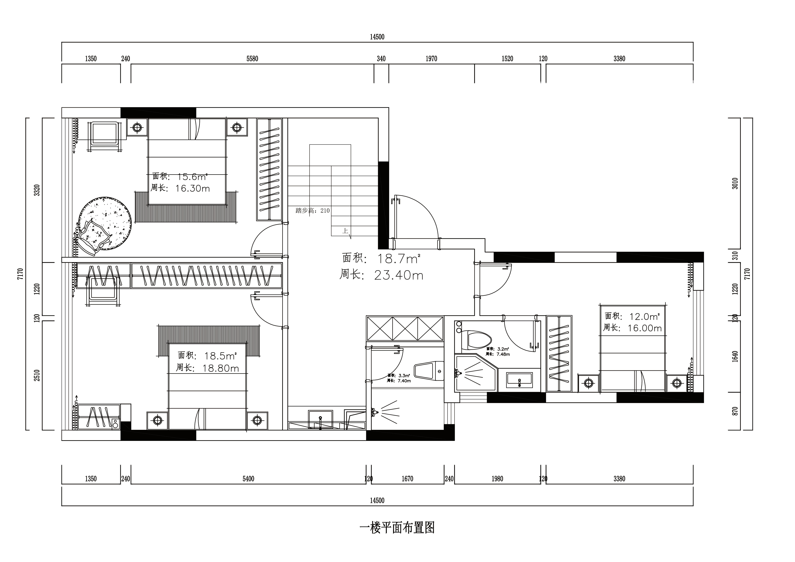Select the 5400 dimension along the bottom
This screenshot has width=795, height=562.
pos(248,479)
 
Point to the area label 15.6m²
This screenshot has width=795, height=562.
pos(192,177)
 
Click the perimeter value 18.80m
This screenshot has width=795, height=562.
pos(221,368)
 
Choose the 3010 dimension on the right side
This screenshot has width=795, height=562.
pos(735,183)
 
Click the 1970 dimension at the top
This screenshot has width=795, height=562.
pos(431,59)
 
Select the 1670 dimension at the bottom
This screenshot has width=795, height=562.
pos(408,479)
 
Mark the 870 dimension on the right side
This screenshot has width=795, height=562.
pos(735,411)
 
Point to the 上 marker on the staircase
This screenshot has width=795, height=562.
pos(345,231)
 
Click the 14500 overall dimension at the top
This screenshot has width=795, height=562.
pos(377,37)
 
